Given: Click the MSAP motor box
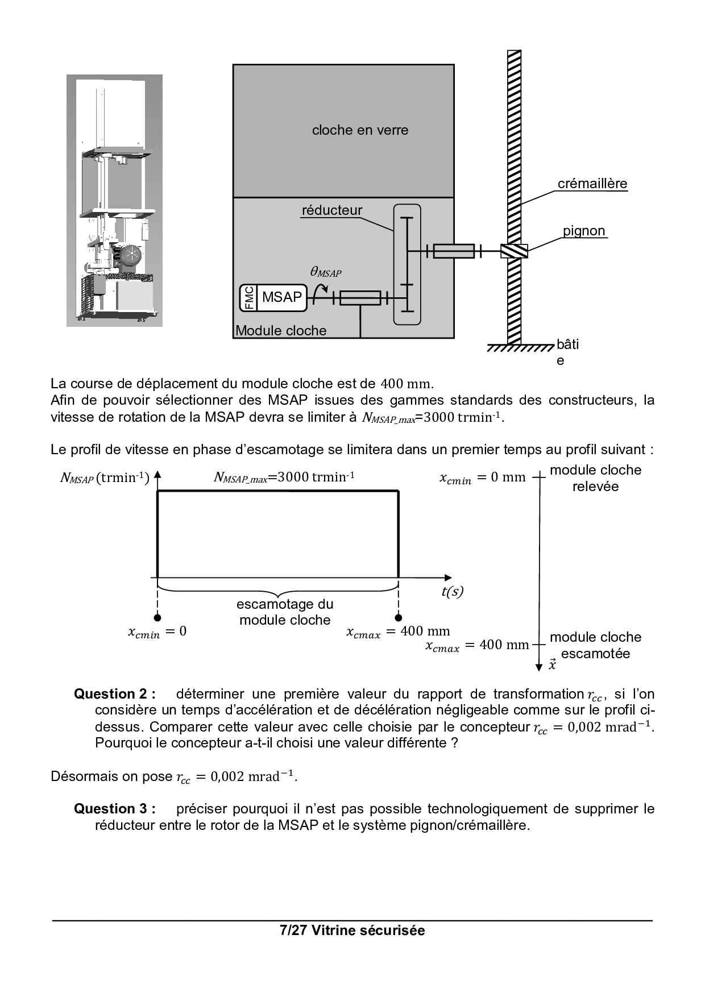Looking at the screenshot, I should (282, 297).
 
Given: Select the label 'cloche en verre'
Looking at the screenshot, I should (360, 130).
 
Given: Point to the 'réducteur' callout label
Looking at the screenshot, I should (331, 210).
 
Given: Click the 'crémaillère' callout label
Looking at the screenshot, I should (592, 184).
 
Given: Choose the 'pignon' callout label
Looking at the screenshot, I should (584, 231).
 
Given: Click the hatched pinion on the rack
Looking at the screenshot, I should (514, 251).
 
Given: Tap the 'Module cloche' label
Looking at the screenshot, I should (281, 331).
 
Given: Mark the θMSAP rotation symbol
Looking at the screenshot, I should (325, 272).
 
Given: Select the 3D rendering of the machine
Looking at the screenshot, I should (114, 201).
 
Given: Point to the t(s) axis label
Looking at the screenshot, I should (452, 592).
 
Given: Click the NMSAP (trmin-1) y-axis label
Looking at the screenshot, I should (105, 478).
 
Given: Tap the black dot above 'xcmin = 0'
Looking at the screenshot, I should (157, 618).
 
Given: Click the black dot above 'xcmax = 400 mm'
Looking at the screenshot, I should (399, 618).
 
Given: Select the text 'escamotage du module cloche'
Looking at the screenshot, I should (285, 612).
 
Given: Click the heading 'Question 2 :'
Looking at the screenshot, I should (115, 694).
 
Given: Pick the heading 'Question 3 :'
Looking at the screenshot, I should (115, 809).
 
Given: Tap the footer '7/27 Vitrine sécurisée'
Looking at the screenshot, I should (353, 930).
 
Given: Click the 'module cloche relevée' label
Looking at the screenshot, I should (595, 478).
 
